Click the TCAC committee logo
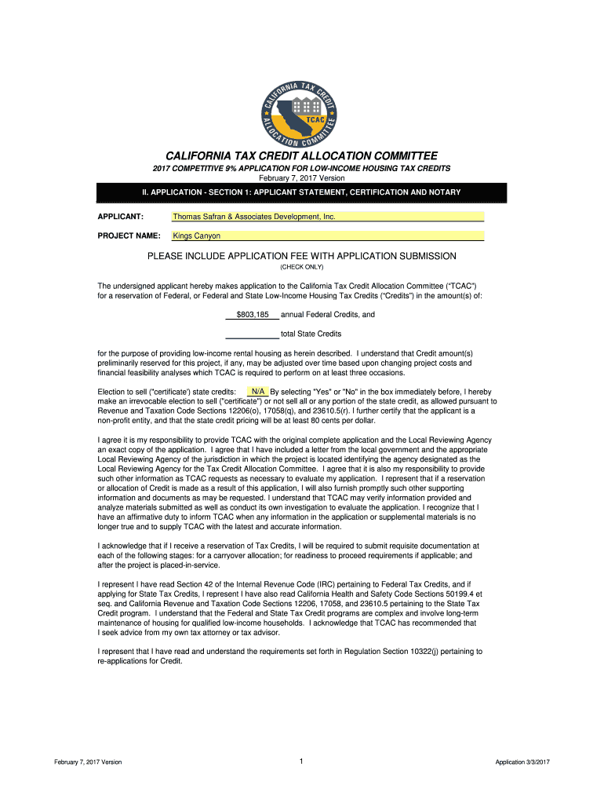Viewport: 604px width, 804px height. (302, 113)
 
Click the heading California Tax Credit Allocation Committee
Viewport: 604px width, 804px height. (301, 156)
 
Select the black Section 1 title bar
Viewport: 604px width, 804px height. (301, 192)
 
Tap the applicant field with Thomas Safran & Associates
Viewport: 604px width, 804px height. (328, 217)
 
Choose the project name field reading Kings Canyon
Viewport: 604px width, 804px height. (328, 236)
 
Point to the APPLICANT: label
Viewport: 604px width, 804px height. (119, 217)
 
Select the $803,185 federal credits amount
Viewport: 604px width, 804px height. (253, 315)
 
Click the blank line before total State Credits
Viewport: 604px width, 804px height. (252, 334)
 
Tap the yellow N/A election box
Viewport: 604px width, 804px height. (257, 391)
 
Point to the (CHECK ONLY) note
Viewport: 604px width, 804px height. (301, 267)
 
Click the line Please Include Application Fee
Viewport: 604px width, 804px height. (302, 256)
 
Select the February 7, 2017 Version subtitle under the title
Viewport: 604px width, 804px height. (301, 178)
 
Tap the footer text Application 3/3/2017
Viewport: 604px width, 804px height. (522, 762)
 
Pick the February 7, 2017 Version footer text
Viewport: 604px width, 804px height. (88, 762)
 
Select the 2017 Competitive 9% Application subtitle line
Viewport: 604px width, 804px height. (301, 169)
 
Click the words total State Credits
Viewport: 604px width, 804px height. (311, 334)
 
